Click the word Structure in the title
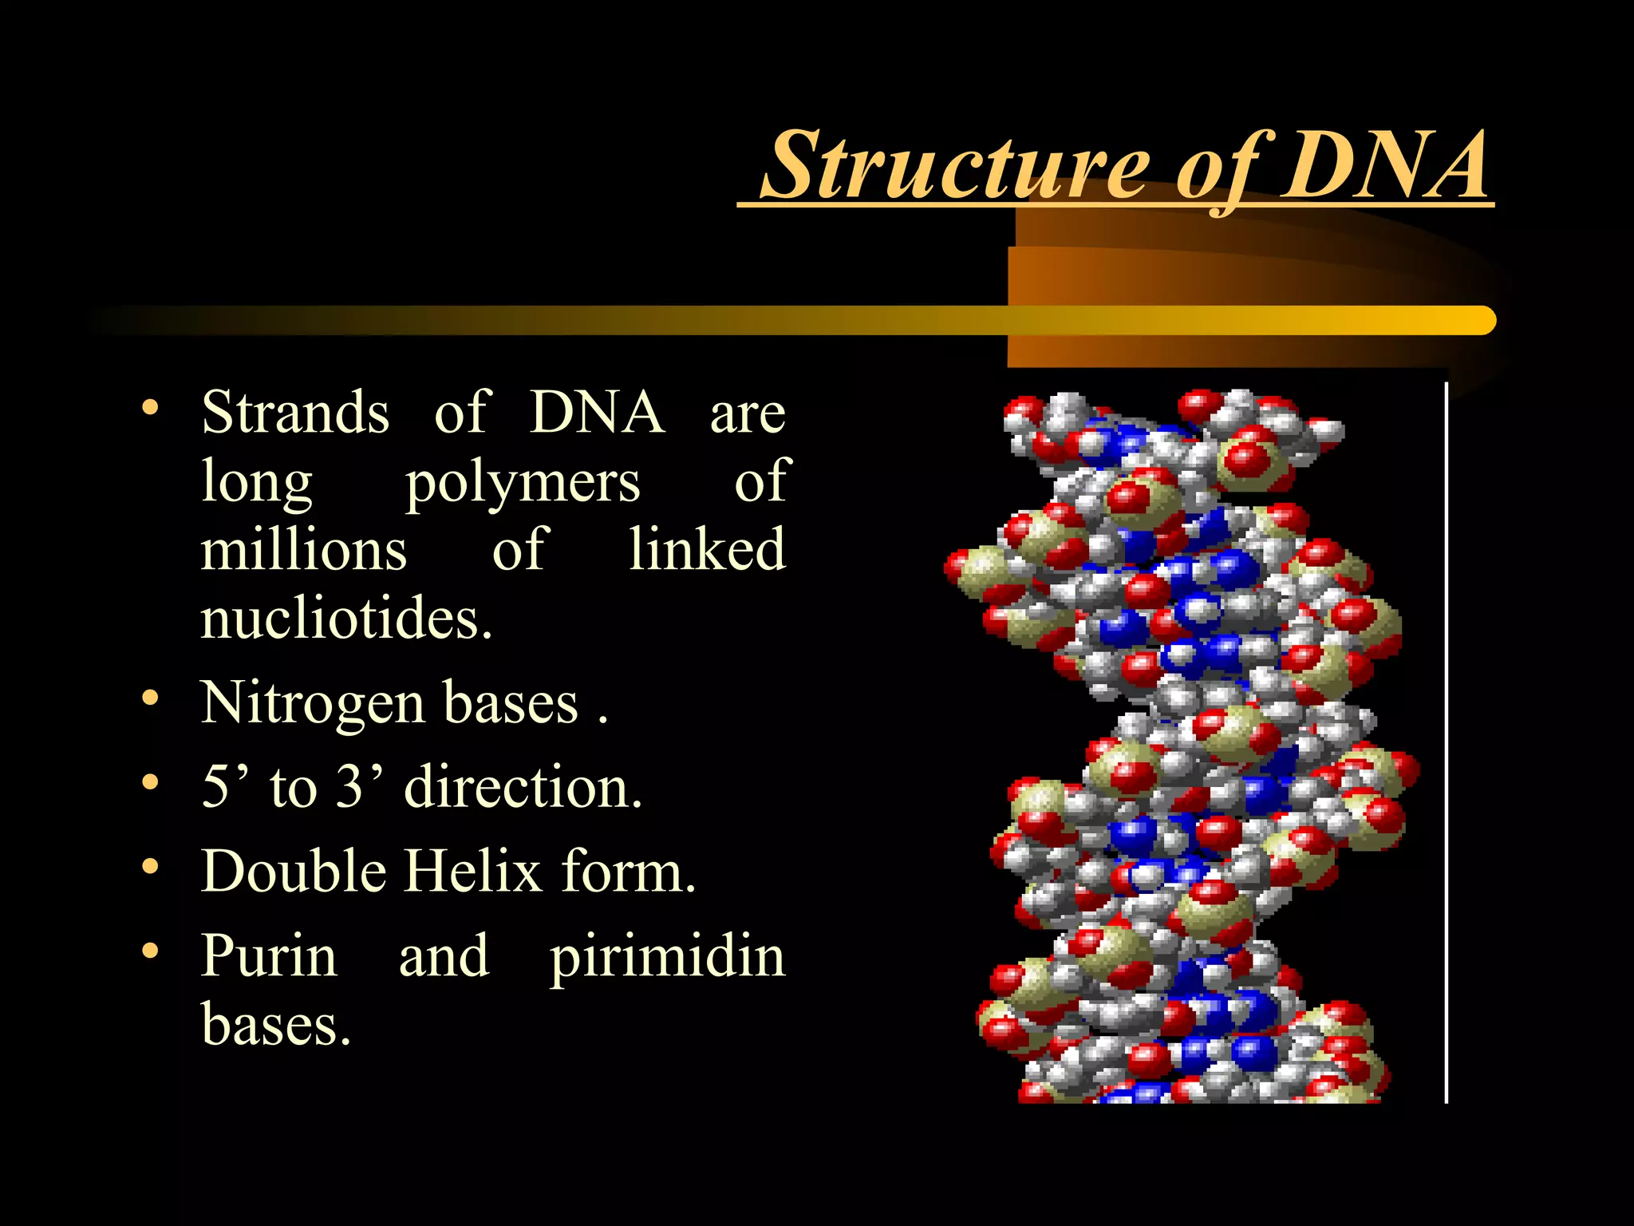954,167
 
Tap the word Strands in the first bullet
295,413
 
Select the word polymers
523,483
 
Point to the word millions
303,550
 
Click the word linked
707,550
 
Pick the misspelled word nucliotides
345,619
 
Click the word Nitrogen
312,703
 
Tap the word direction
523,787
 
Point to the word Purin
269,955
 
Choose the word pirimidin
667,955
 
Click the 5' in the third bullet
225,787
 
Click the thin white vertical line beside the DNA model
1446,742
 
